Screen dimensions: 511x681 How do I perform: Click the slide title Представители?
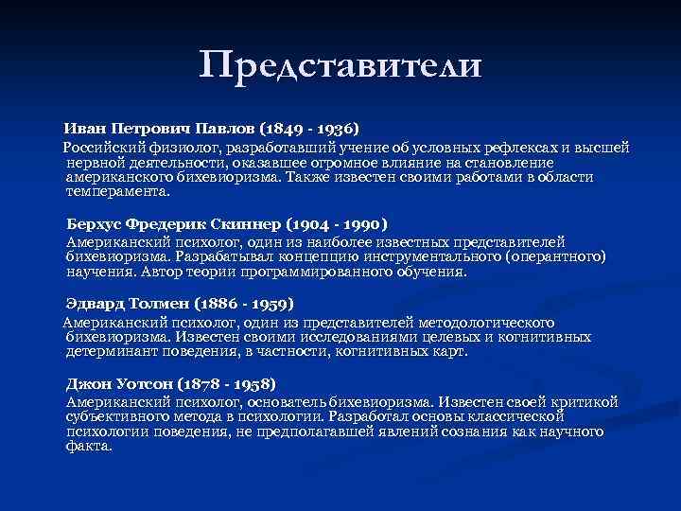point(340,64)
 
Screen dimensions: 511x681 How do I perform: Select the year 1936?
point(335,127)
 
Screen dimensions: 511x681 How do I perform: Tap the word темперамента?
point(116,190)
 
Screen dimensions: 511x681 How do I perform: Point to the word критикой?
point(586,402)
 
